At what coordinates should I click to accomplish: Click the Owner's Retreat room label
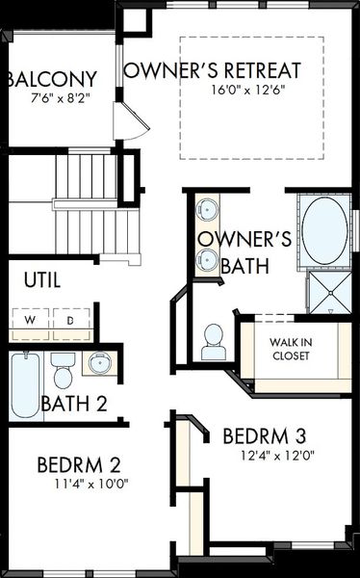pyautogui.click(x=212, y=70)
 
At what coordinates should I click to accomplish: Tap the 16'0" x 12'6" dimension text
pyautogui.click(x=248, y=90)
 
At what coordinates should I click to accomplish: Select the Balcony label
pyautogui.click(x=52, y=79)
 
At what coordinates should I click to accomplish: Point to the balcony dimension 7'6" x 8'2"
pyautogui.click(x=61, y=98)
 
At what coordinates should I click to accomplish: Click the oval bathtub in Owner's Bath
pyautogui.click(x=324, y=230)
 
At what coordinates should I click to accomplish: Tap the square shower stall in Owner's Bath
pyautogui.click(x=330, y=293)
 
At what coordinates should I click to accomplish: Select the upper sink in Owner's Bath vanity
pyautogui.click(x=207, y=209)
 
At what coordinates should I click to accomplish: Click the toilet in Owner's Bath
pyautogui.click(x=214, y=342)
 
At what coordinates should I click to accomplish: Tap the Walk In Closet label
pyautogui.click(x=291, y=349)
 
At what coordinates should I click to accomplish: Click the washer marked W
pyautogui.click(x=31, y=319)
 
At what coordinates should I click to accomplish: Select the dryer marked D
pyautogui.click(x=71, y=319)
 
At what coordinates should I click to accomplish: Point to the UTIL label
pyautogui.click(x=42, y=280)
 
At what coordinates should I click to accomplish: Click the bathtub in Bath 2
pyautogui.click(x=25, y=385)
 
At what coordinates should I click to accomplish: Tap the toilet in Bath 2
pyautogui.click(x=63, y=370)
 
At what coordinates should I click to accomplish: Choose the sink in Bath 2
pyautogui.click(x=99, y=363)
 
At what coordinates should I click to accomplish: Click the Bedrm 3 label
pyautogui.click(x=264, y=436)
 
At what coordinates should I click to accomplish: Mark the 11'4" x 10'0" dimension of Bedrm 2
pyautogui.click(x=91, y=484)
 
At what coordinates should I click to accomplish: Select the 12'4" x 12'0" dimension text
pyautogui.click(x=278, y=456)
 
